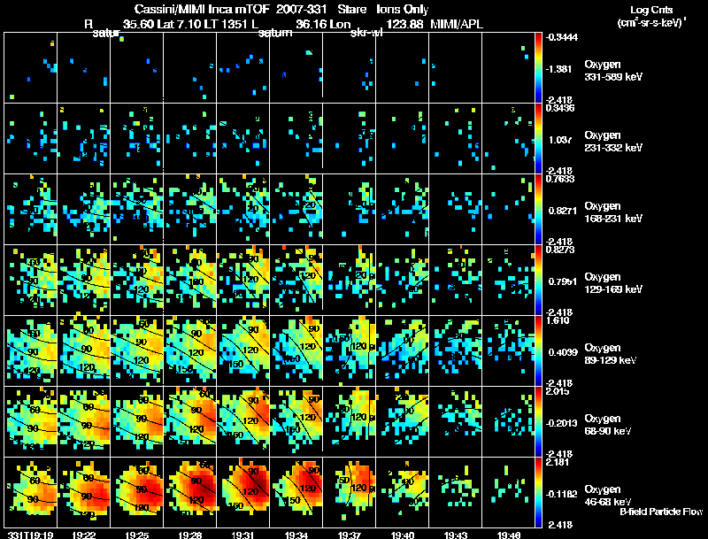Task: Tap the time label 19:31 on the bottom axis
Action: pyautogui.click(x=242, y=535)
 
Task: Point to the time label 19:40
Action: pyautogui.click(x=402, y=535)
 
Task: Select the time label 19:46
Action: pyautogui.click(x=508, y=535)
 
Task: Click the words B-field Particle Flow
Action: pyautogui.click(x=661, y=512)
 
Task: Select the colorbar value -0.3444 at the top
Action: pyautogui.click(x=559, y=36)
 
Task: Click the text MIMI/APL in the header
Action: pyautogui.click(x=455, y=24)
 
